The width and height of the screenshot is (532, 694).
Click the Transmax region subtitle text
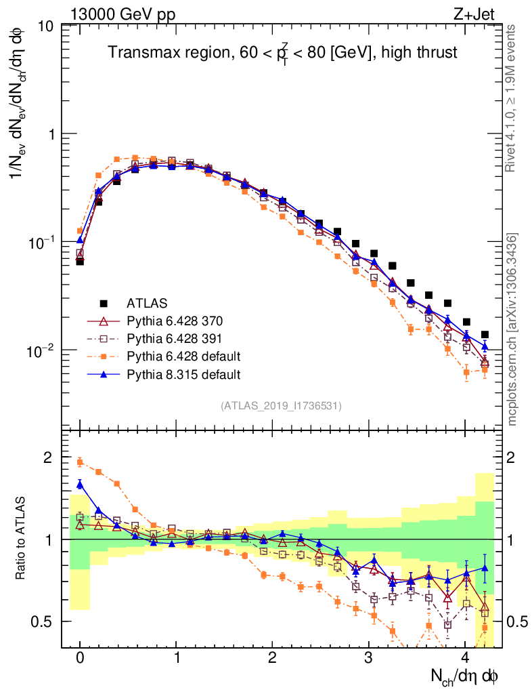coord(283,53)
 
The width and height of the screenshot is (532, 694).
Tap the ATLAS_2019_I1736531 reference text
coord(281,406)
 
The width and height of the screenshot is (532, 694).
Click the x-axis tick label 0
coord(80,658)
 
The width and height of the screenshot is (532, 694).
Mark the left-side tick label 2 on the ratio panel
coord(48,458)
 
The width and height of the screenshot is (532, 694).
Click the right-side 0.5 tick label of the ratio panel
coord(514,621)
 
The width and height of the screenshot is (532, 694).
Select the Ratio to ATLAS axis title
coord(22,539)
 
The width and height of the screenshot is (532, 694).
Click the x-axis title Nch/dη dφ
coord(466,676)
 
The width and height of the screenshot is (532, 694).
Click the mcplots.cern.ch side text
coord(512,329)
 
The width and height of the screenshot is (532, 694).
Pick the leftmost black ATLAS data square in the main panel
coord(80,261)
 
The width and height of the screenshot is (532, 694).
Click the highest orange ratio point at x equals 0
coord(80,462)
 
